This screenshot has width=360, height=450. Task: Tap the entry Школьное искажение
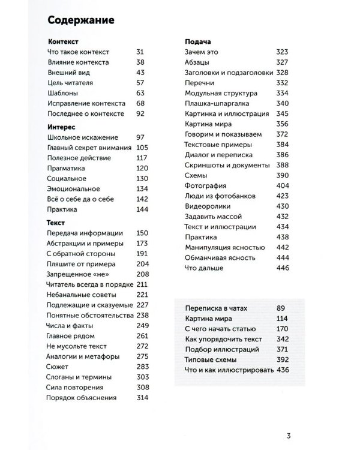click(x=82, y=137)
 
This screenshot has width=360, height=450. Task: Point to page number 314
click(x=142, y=398)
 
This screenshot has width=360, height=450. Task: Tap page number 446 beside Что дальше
click(x=281, y=268)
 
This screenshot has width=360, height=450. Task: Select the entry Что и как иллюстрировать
click(x=229, y=370)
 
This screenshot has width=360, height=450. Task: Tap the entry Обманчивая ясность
click(x=220, y=257)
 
